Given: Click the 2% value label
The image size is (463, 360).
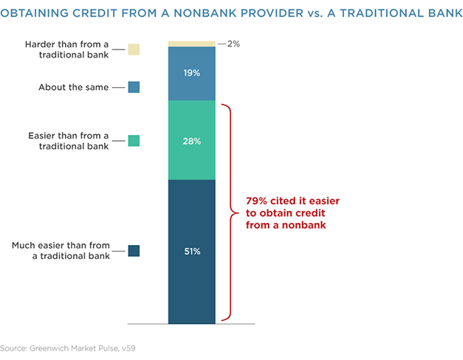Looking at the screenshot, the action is (x=233, y=44).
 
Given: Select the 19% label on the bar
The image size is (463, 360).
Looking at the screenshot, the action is (x=192, y=72).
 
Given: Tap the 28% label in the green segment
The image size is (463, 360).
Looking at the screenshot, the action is (x=192, y=142).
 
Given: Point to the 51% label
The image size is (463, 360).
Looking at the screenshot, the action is (x=192, y=252).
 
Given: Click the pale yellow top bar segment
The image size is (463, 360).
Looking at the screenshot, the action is (x=192, y=44).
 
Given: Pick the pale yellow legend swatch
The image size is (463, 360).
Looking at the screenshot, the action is (x=134, y=49).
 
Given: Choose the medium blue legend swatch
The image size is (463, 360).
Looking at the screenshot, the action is (x=134, y=87).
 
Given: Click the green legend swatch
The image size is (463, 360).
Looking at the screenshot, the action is (x=134, y=141).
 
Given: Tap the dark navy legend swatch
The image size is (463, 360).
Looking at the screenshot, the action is (x=134, y=251).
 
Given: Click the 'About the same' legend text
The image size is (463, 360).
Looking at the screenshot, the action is (x=74, y=87).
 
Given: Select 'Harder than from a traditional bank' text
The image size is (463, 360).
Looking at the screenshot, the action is (x=67, y=49).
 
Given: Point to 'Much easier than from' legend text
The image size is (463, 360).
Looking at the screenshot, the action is (x=61, y=246).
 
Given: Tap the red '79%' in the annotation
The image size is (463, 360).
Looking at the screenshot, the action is (x=256, y=201).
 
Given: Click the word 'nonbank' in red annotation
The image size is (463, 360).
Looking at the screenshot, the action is (x=303, y=225).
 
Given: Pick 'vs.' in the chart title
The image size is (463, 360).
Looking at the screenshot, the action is (x=315, y=14).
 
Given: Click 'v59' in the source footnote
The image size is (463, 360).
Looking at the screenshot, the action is (x=128, y=348).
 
